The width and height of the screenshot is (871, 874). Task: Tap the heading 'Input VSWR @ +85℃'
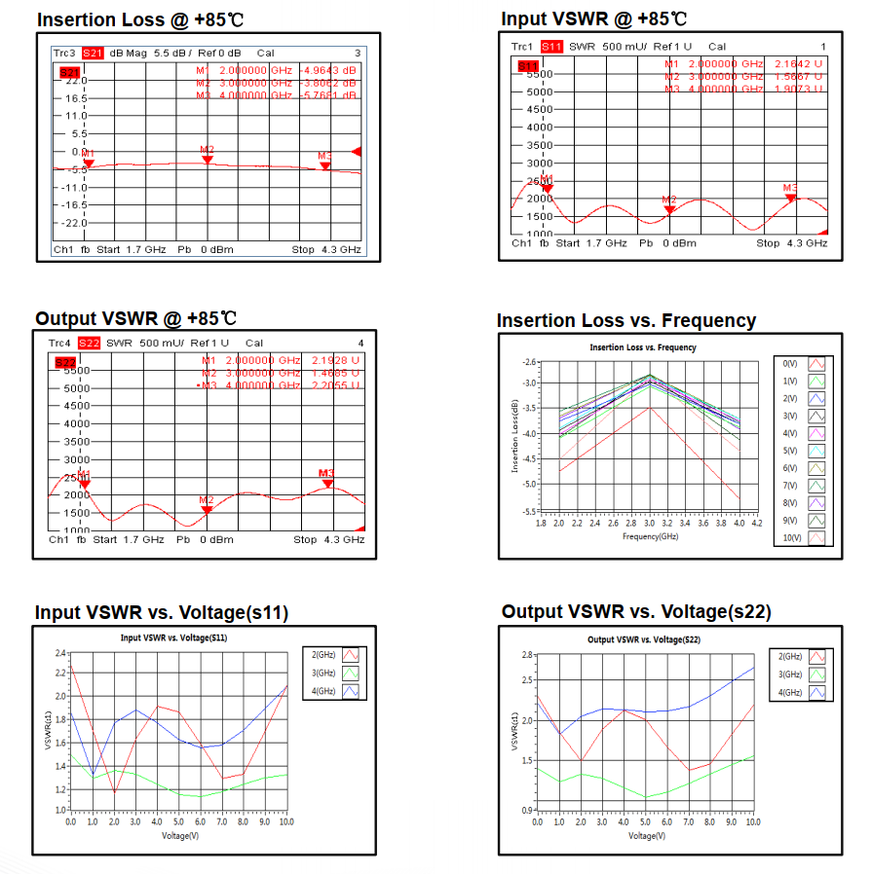click(x=594, y=18)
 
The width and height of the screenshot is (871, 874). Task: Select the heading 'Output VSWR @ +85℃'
click(x=136, y=318)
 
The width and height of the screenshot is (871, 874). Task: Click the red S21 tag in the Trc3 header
click(x=93, y=53)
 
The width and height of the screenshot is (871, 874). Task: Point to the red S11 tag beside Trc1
click(x=551, y=46)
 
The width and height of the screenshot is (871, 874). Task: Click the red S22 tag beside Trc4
click(x=90, y=343)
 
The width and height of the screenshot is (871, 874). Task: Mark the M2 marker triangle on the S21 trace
click(x=208, y=159)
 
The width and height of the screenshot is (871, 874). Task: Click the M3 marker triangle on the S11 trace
click(x=791, y=197)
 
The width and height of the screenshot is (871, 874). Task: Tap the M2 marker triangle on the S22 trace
click(x=207, y=509)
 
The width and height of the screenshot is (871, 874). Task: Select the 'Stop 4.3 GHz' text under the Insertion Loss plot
click(x=326, y=250)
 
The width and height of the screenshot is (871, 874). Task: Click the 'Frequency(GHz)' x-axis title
click(x=649, y=535)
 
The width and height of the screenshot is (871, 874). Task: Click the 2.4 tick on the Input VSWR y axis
click(x=61, y=653)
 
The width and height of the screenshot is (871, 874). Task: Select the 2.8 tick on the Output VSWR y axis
click(x=527, y=654)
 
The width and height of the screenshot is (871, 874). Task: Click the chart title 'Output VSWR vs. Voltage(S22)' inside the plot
click(x=644, y=639)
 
